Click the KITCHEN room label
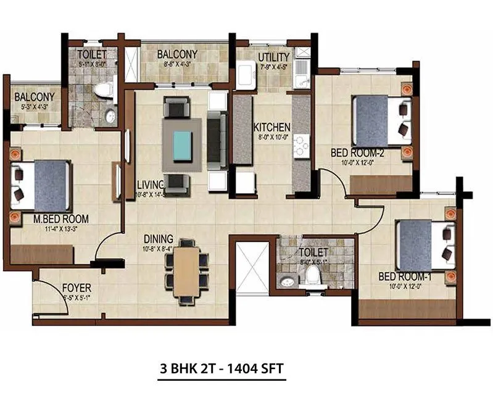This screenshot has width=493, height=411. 271,127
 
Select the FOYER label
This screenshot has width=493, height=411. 77,288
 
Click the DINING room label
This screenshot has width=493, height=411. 157,239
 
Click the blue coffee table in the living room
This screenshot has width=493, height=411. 182,145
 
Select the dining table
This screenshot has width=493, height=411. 186,270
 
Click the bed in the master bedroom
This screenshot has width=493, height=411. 43,185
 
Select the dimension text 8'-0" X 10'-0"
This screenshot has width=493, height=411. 271,137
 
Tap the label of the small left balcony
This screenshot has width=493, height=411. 35,97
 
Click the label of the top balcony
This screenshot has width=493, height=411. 177,54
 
